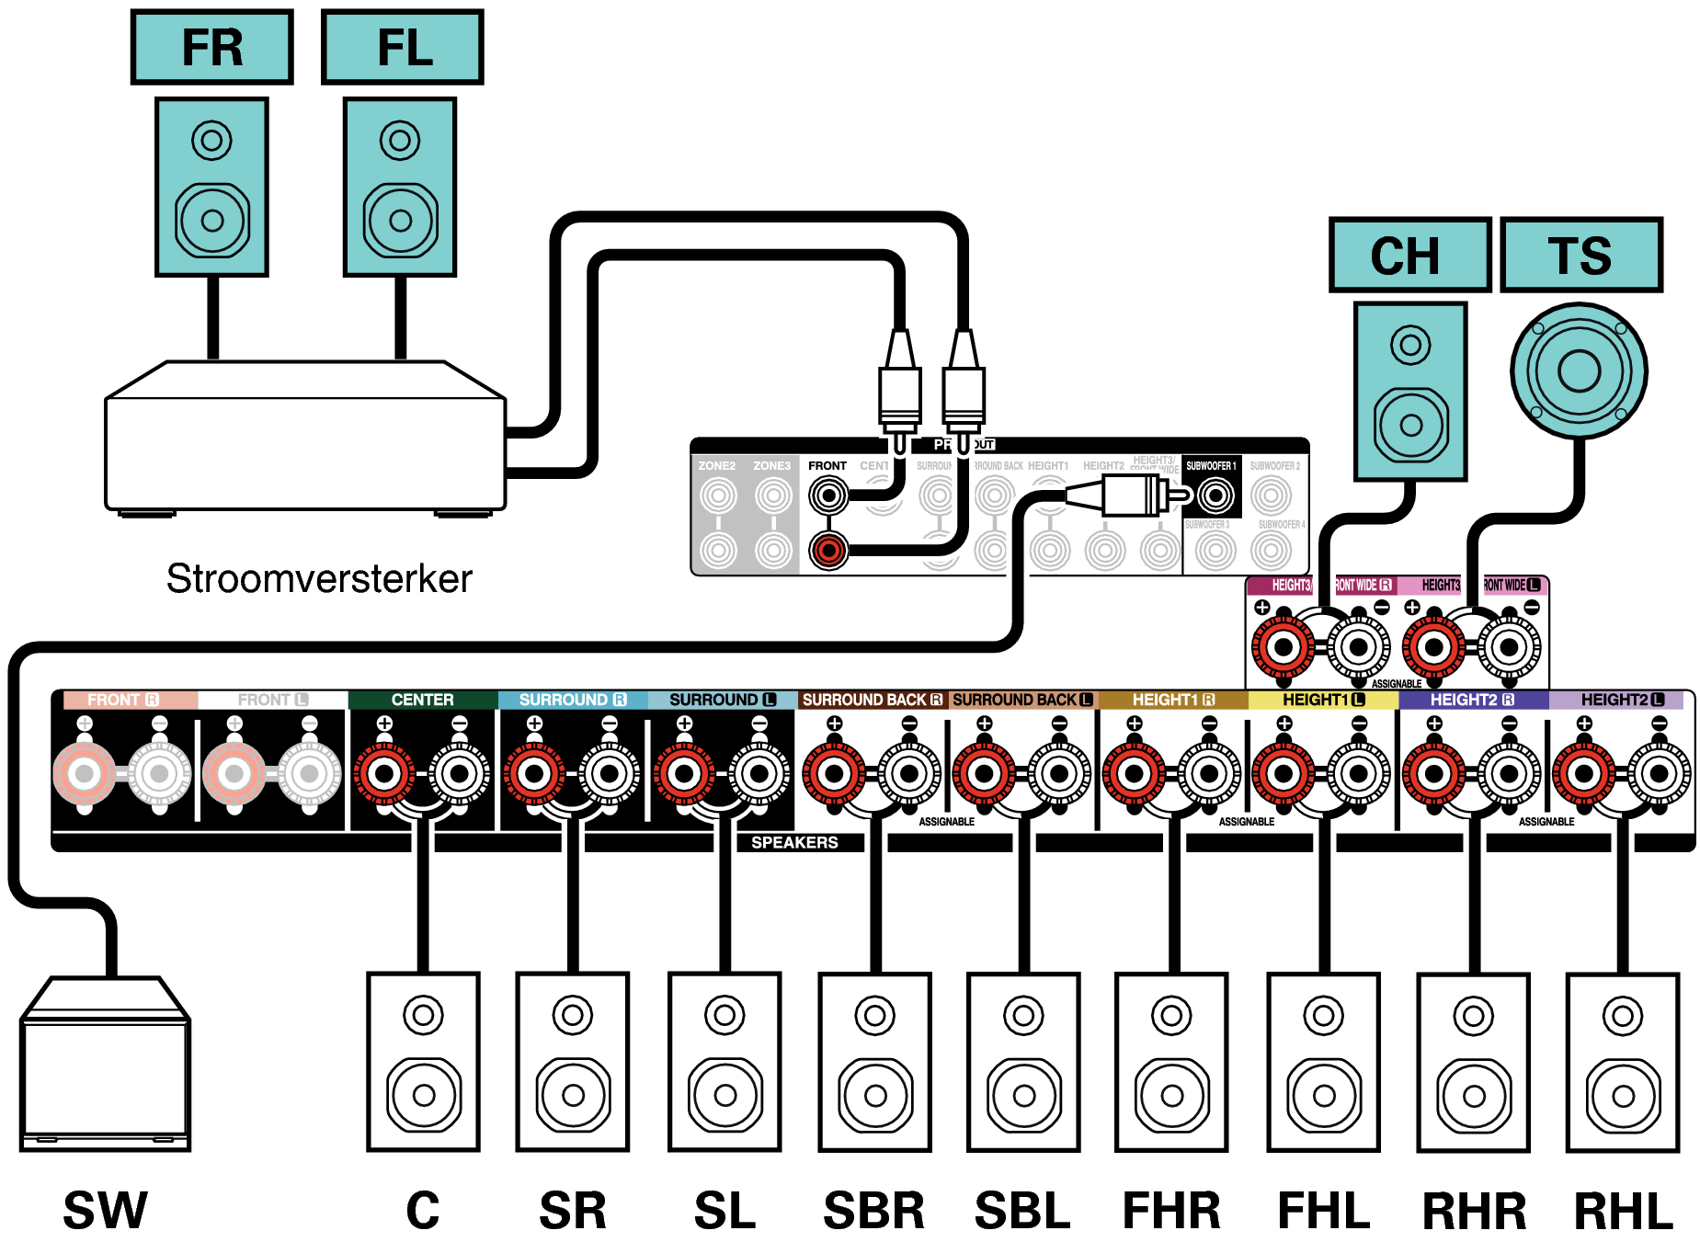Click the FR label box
point(211,48)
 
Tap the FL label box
point(402,48)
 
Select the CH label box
point(1409,256)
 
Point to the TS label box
point(1580,256)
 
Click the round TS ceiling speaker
point(1579,371)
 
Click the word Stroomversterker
point(319,579)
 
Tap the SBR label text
point(873,1211)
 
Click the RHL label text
point(1623,1211)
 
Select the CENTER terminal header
point(422,700)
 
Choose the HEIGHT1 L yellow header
point(1323,700)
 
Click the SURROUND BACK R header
point(872,700)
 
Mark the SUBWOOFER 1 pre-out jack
point(1215,496)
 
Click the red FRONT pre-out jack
point(828,551)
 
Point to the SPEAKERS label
point(794,842)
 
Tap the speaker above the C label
point(423,1062)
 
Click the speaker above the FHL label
point(1323,1062)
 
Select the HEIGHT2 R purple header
point(1472,700)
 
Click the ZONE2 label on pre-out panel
point(717,466)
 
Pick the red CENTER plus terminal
point(384,773)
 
